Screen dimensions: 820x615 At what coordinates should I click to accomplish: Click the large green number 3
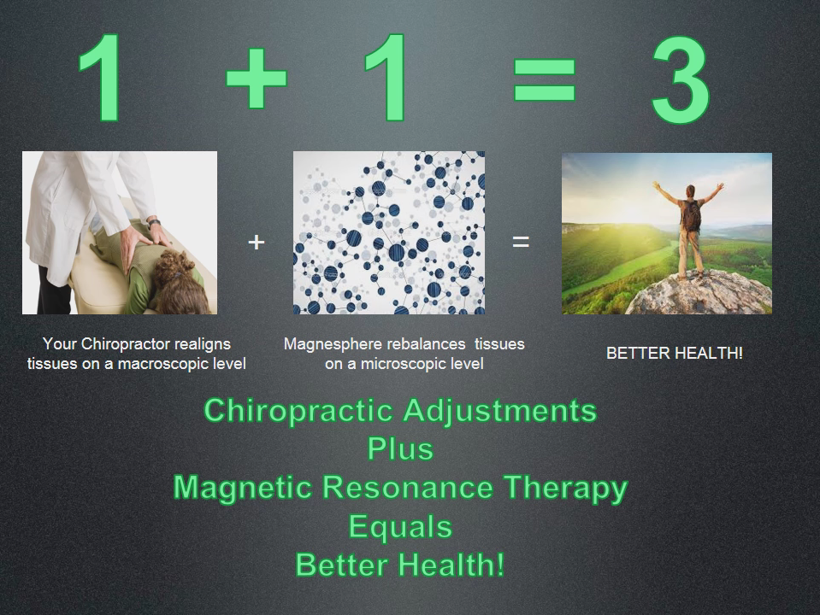point(681,79)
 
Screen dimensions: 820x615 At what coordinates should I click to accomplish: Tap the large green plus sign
point(257,79)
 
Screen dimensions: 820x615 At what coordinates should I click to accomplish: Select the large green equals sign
point(545,79)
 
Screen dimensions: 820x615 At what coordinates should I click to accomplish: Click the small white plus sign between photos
point(257,242)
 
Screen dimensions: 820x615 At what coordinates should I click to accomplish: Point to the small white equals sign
point(521,242)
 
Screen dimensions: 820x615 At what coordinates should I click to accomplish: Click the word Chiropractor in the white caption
point(125,344)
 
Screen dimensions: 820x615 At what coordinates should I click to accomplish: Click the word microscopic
point(404,364)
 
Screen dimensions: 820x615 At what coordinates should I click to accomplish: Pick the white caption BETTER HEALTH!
point(674,354)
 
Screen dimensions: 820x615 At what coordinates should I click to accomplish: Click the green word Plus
point(400,448)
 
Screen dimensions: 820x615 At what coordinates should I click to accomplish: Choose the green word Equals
point(400,526)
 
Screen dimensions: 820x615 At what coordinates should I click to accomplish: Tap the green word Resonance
point(407,487)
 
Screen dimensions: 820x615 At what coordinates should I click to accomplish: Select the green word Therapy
point(565,488)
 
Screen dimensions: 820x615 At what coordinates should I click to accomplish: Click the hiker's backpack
point(692,216)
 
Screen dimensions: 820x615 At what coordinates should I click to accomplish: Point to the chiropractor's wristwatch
point(153,223)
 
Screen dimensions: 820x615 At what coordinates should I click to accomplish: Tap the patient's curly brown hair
point(180,282)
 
